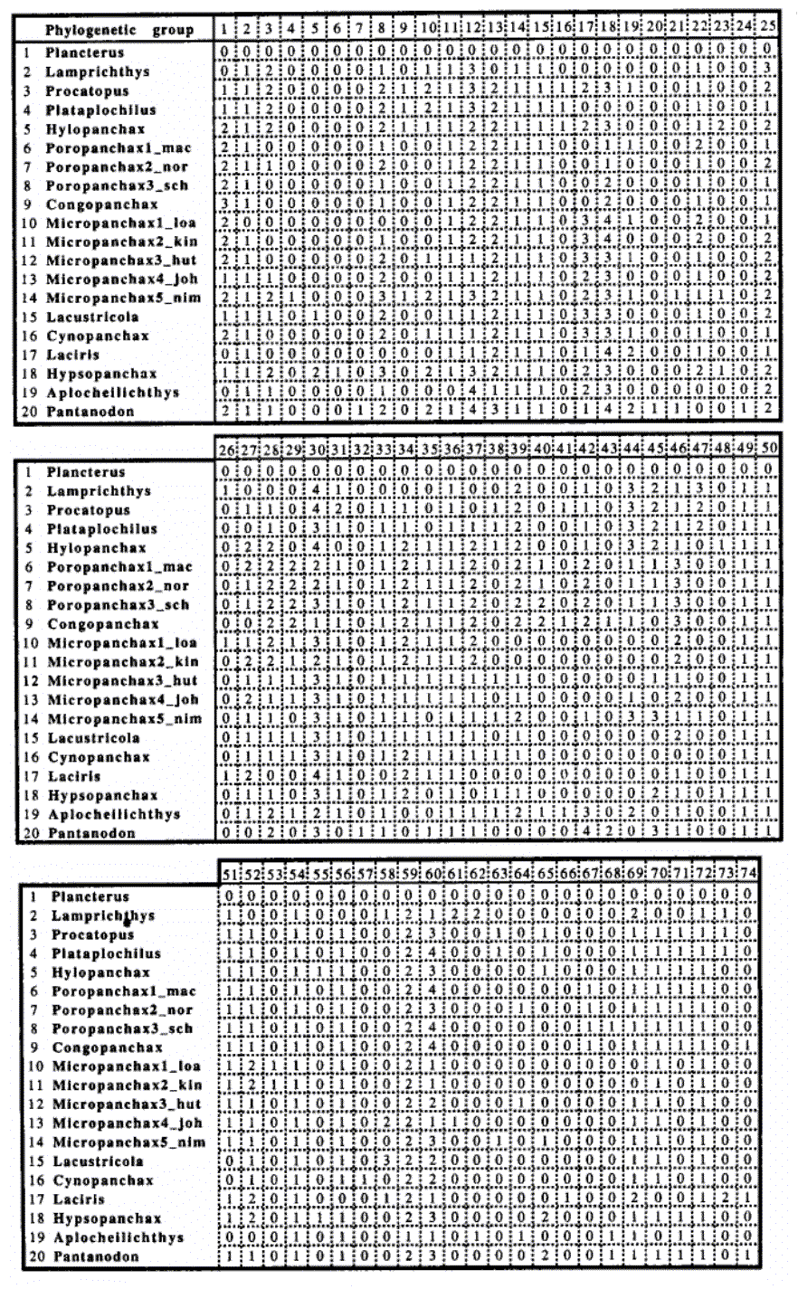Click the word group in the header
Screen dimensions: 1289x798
tap(173, 30)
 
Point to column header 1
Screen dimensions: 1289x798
tap(224, 30)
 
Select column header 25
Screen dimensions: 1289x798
tap(767, 30)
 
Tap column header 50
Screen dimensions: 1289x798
tap(767, 450)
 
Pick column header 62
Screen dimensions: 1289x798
tap(477, 875)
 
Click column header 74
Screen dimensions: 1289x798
tap(747, 875)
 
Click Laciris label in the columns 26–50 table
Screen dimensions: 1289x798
tap(74, 776)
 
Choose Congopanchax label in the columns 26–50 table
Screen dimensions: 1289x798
tap(92, 624)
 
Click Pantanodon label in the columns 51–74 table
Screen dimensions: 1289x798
tap(96, 1256)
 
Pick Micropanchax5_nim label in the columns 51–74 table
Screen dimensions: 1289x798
tap(128, 1142)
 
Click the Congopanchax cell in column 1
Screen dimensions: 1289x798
tap(224, 204)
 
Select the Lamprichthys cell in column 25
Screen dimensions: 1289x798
tap(767, 71)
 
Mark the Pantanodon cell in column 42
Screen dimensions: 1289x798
tap(586, 832)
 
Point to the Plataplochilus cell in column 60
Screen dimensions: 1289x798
tap(432, 953)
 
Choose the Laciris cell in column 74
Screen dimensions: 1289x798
tap(747, 1199)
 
